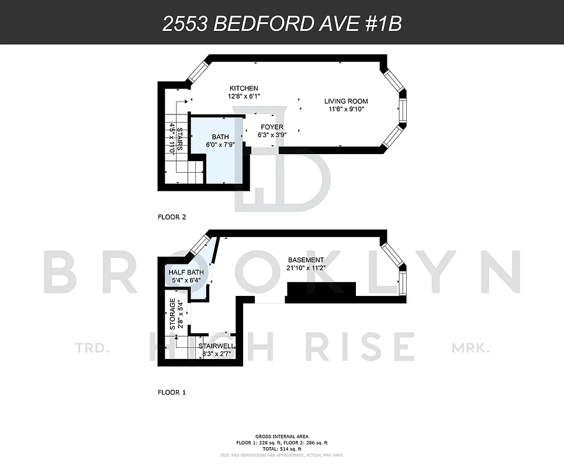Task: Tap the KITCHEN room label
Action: click(x=244, y=88)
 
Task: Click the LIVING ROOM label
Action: click(x=346, y=101)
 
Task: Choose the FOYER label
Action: click(x=272, y=127)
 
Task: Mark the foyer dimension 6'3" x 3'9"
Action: click(x=272, y=135)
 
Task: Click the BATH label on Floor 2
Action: click(x=220, y=137)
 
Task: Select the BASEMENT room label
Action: click(x=306, y=260)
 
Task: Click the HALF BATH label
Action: click(x=186, y=273)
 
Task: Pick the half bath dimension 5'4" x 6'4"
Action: click(x=186, y=280)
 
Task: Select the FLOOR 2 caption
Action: click(x=172, y=217)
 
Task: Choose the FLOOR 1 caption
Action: click(x=172, y=392)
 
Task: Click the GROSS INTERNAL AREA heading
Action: click(x=282, y=437)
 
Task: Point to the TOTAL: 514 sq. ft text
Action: click(x=282, y=449)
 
